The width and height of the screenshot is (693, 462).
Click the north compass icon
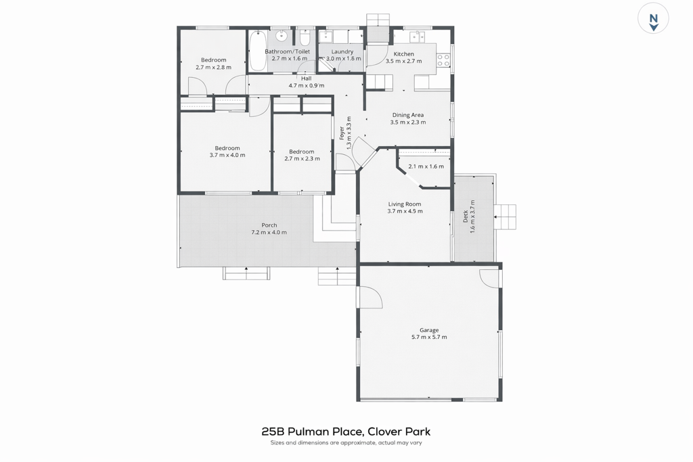pos(653,18)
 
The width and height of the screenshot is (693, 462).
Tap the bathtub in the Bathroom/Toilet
pos(257,50)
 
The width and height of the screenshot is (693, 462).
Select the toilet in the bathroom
pos(304,39)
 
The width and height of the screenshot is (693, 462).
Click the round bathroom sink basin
pos(282,36)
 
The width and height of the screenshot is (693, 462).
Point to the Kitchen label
pos(404,54)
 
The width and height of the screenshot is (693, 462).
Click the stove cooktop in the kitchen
pos(443,60)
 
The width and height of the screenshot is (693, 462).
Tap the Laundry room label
pos(342,51)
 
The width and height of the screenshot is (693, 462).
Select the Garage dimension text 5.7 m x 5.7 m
pos(429,337)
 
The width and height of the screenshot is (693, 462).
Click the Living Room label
pos(405,204)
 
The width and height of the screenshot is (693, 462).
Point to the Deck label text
pos(466,216)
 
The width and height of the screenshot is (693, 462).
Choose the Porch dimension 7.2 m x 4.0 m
pos(269,232)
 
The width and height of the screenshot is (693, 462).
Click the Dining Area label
pos(408,115)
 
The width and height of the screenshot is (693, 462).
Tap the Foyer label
pos(342,133)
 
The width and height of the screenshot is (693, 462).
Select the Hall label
pos(307,78)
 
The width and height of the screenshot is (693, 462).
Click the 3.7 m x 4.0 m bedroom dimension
pos(227,155)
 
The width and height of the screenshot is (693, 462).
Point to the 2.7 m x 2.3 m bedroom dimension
pos(302,158)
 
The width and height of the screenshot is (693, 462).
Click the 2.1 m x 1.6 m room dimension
pos(426,166)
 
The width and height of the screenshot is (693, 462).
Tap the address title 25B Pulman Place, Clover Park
pos(346,432)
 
